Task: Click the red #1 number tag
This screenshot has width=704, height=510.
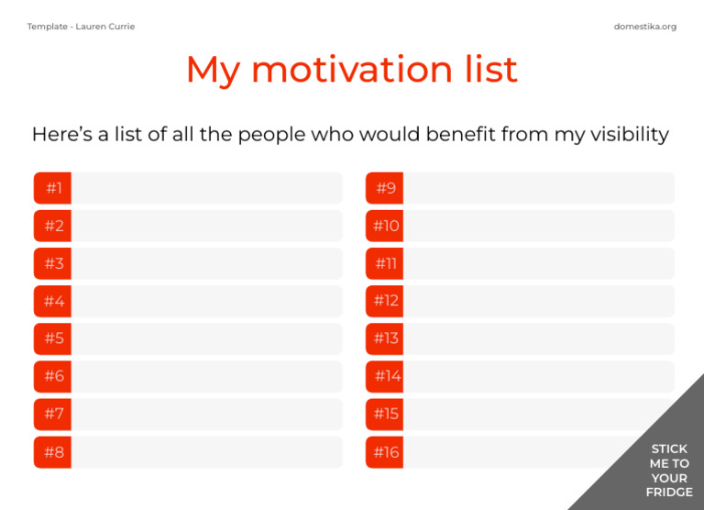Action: point(53,188)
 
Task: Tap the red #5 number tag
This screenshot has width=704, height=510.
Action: point(53,338)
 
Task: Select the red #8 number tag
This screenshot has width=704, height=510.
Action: point(53,452)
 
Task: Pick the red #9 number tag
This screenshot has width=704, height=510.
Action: point(385,188)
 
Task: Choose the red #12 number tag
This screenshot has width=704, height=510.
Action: point(385,301)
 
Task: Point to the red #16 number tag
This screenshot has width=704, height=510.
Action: point(385,452)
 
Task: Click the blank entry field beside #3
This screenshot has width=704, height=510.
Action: point(206,263)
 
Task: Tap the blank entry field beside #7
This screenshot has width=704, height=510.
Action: point(206,414)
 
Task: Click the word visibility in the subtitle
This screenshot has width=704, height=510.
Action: point(623,135)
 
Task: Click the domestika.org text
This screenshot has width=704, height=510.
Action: point(645,27)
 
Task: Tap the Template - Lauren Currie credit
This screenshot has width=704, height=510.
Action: point(81,27)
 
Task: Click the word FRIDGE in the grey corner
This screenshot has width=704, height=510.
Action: point(669,493)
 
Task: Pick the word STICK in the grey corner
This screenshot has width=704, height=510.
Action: point(669,449)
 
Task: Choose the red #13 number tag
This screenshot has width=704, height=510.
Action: point(385,338)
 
